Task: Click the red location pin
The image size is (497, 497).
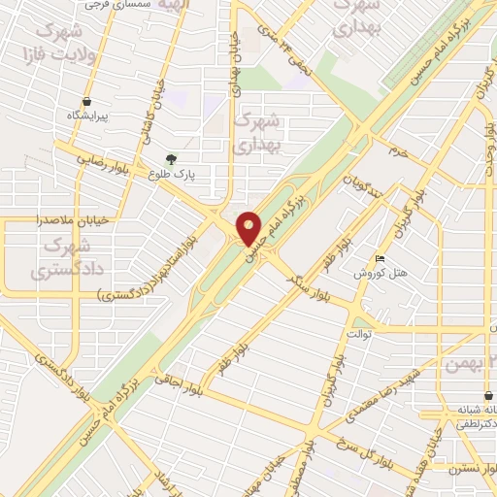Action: click(249, 227)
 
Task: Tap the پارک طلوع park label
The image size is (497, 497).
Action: click(172, 176)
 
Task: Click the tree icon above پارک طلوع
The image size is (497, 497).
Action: click(172, 159)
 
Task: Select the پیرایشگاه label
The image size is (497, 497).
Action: click(87, 116)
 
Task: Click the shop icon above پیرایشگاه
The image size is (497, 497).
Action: click(87, 100)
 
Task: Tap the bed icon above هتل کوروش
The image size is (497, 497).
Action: click(381, 258)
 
